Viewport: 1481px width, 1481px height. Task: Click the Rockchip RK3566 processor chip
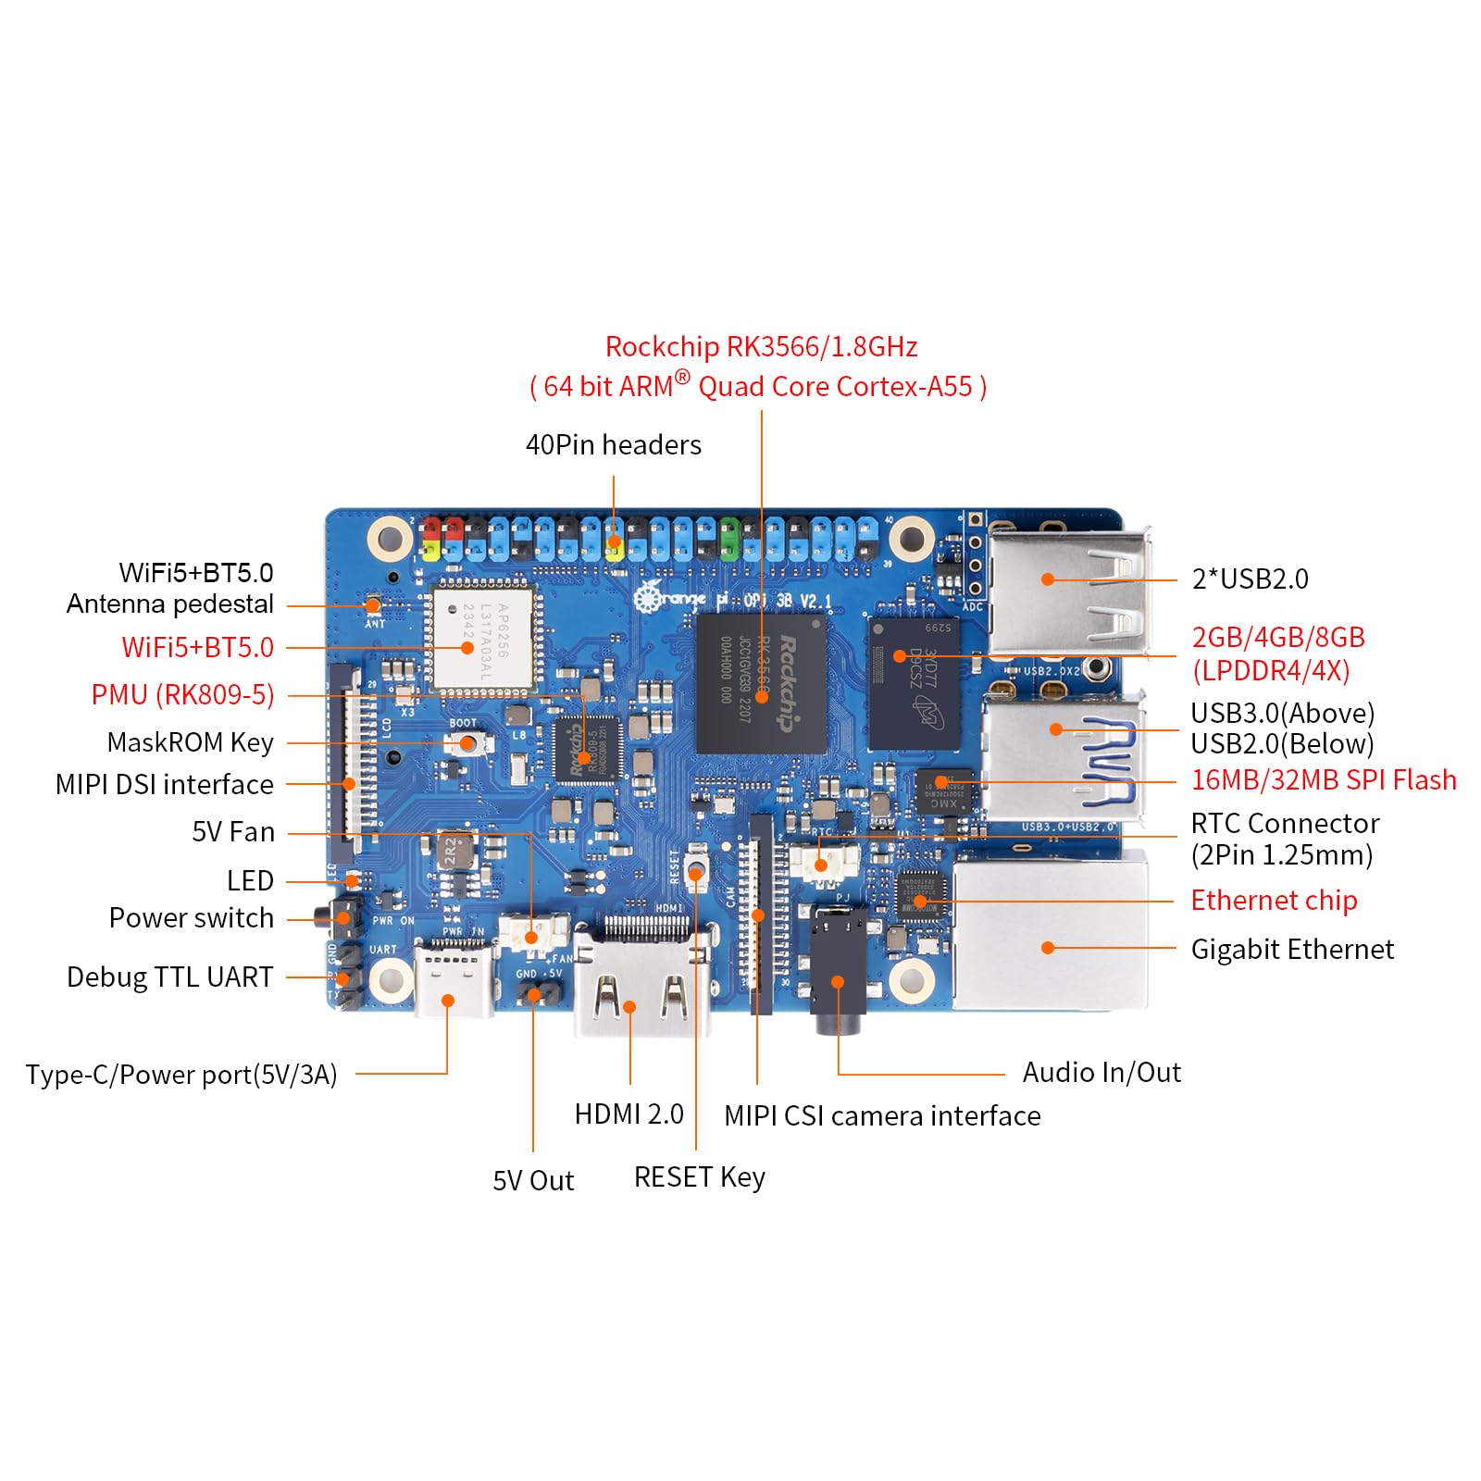point(761,683)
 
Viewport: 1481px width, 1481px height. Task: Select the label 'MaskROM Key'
point(190,742)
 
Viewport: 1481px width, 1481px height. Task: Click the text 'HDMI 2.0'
point(628,1114)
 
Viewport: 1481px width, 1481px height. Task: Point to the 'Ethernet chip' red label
point(1274,900)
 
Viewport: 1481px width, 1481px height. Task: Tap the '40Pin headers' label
point(613,445)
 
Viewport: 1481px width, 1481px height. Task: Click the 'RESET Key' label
point(699,1177)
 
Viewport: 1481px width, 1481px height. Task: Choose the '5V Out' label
point(533,1180)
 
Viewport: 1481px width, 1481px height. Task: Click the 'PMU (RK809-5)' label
point(182,694)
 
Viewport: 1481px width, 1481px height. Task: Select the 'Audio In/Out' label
point(1101,1072)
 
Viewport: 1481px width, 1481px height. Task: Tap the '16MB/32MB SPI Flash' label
point(1324,780)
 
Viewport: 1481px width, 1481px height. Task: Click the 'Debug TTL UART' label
point(169,977)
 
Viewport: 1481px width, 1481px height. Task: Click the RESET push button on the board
point(696,872)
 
